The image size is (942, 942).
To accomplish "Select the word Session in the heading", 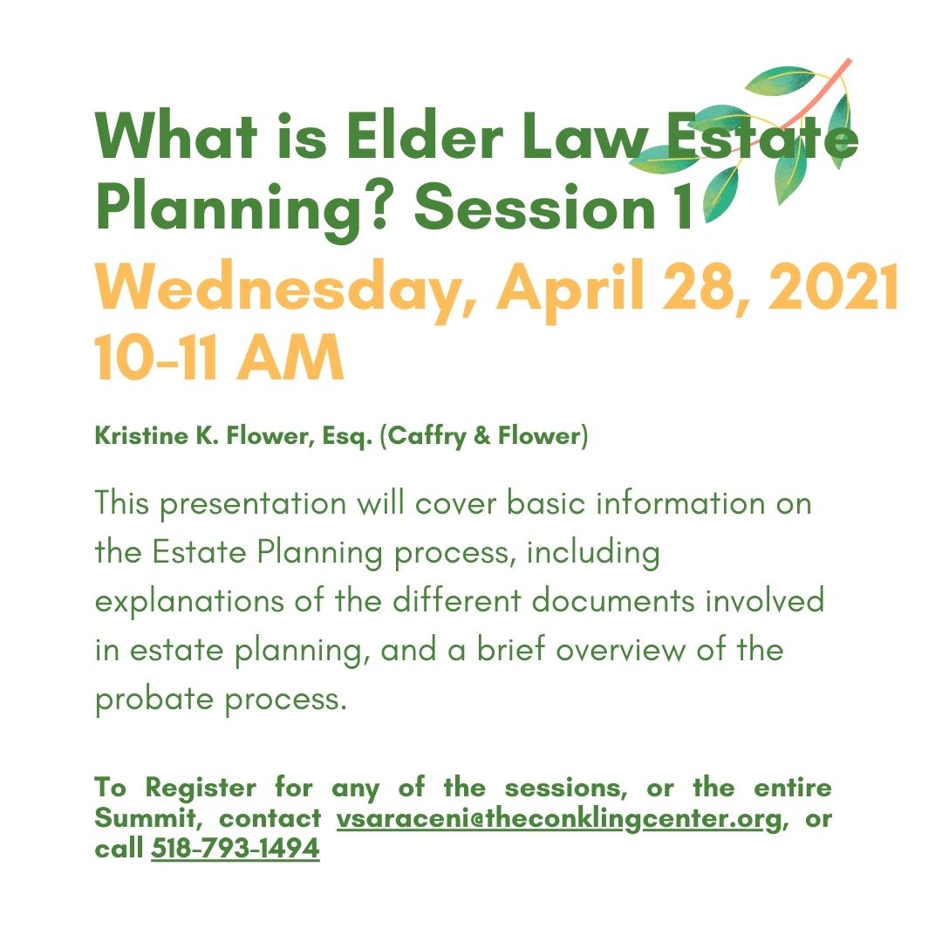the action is coord(534,208).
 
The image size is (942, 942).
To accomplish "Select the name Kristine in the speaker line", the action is coord(142,435).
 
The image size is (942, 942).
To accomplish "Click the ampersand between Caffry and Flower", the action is coord(481,436).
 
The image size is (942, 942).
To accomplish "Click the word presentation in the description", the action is coord(253,503).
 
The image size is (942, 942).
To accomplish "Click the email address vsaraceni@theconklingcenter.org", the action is coord(559,819).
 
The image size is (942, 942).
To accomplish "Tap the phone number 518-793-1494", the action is coord(235,849).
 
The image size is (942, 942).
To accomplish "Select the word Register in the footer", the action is coord(201,788).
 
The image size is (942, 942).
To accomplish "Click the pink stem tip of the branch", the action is coord(849,60).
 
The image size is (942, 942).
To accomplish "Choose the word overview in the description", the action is coord(619,650).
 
